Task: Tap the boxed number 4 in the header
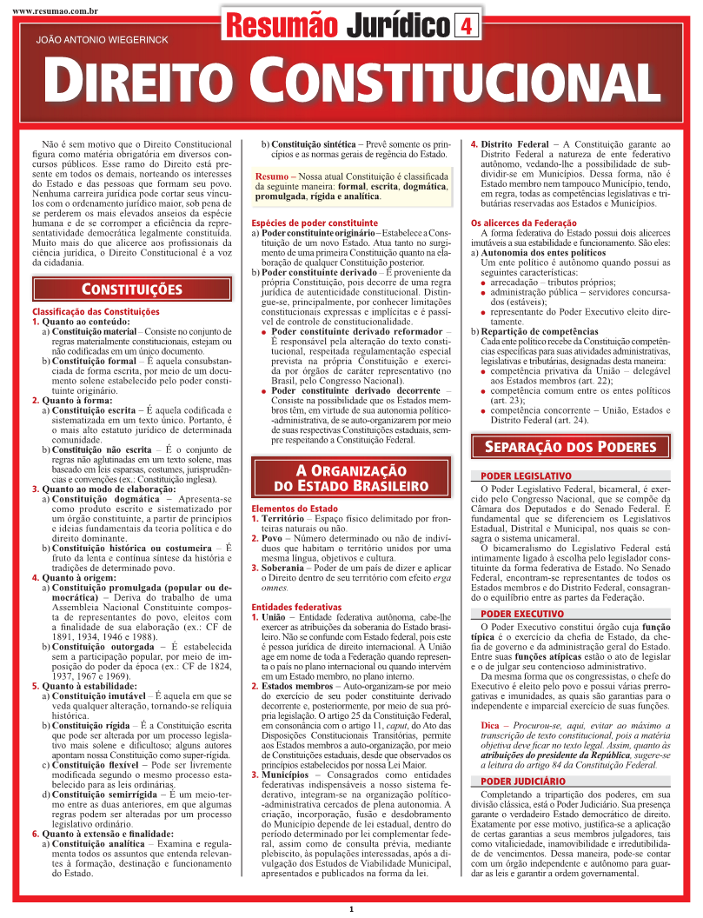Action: [466, 27]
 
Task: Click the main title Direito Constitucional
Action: [351, 81]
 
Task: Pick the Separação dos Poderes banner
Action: [570, 447]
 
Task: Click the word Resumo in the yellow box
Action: [273, 177]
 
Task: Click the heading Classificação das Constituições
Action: [96, 311]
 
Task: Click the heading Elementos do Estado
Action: [294, 508]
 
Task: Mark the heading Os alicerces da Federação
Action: [524, 223]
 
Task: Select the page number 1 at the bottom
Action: [351, 909]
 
